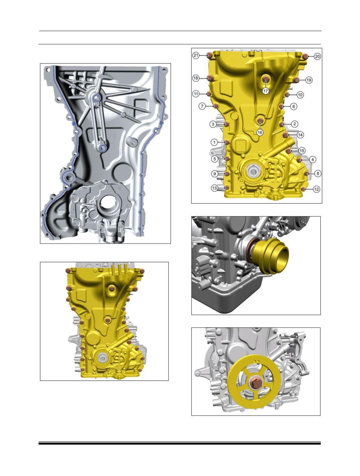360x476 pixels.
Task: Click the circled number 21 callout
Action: point(196,56)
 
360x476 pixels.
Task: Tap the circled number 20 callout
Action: point(317,57)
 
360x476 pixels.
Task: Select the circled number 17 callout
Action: point(265,91)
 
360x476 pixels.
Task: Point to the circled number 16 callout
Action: point(260,132)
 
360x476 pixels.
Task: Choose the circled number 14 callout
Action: point(300,135)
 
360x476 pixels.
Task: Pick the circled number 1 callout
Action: point(215,142)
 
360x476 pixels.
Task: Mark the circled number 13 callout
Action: point(215,188)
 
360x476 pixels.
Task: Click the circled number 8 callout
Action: point(318,174)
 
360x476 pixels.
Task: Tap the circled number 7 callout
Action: point(202,106)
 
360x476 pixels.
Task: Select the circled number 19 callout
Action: point(309,80)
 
